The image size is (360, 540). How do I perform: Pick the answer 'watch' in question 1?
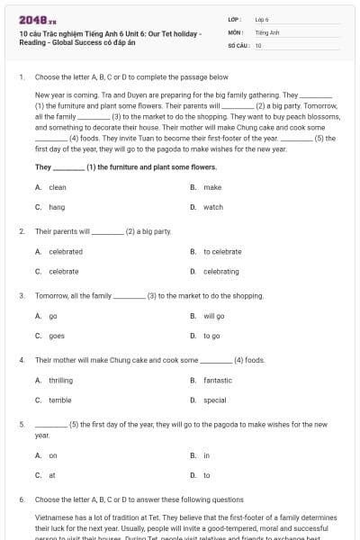pyautogui.click(x=213, y=207)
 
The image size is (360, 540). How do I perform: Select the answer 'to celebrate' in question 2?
pyautogui.click(x=222, y=252)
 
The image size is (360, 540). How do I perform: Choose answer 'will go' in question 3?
pyautogui.click(x=214, y=316)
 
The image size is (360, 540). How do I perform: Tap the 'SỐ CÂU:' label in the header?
pyautogui.click(x=238, y=44)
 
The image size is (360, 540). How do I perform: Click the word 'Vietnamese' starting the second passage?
pyautogui.click(x=54, y=518)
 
